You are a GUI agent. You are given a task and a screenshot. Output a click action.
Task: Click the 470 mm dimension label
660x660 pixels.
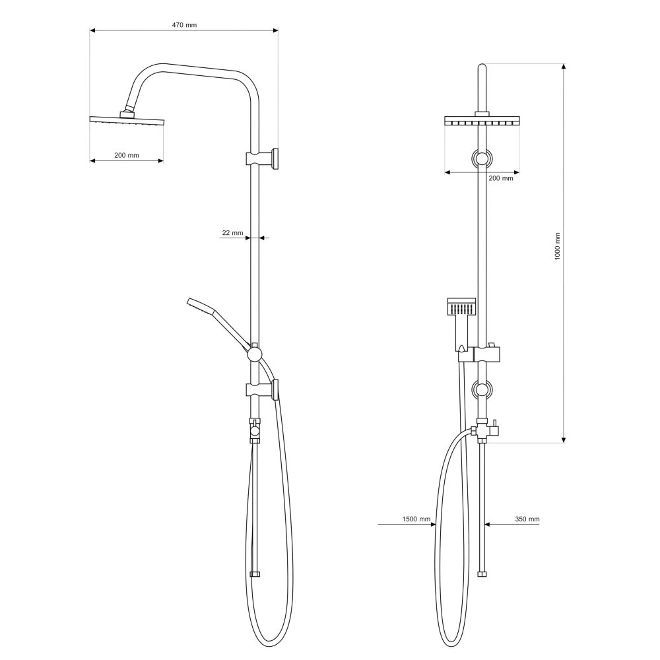point(184,25)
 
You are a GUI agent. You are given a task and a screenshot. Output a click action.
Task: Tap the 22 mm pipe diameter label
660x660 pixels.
point(233,233)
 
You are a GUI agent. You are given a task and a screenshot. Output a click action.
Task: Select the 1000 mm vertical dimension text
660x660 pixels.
point(558,246)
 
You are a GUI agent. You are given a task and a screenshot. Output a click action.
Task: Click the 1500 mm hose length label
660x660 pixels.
point(416,519)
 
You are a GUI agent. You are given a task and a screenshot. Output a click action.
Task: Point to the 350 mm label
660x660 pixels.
point(527,519)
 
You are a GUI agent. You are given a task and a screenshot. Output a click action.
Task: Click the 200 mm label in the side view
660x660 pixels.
point(126,155)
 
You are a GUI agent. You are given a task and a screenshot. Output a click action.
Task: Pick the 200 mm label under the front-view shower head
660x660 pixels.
point(501,178)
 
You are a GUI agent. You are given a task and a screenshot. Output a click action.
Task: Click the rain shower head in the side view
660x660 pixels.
point(127,120)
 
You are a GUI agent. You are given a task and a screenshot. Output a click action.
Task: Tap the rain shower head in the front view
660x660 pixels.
point(482,121)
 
